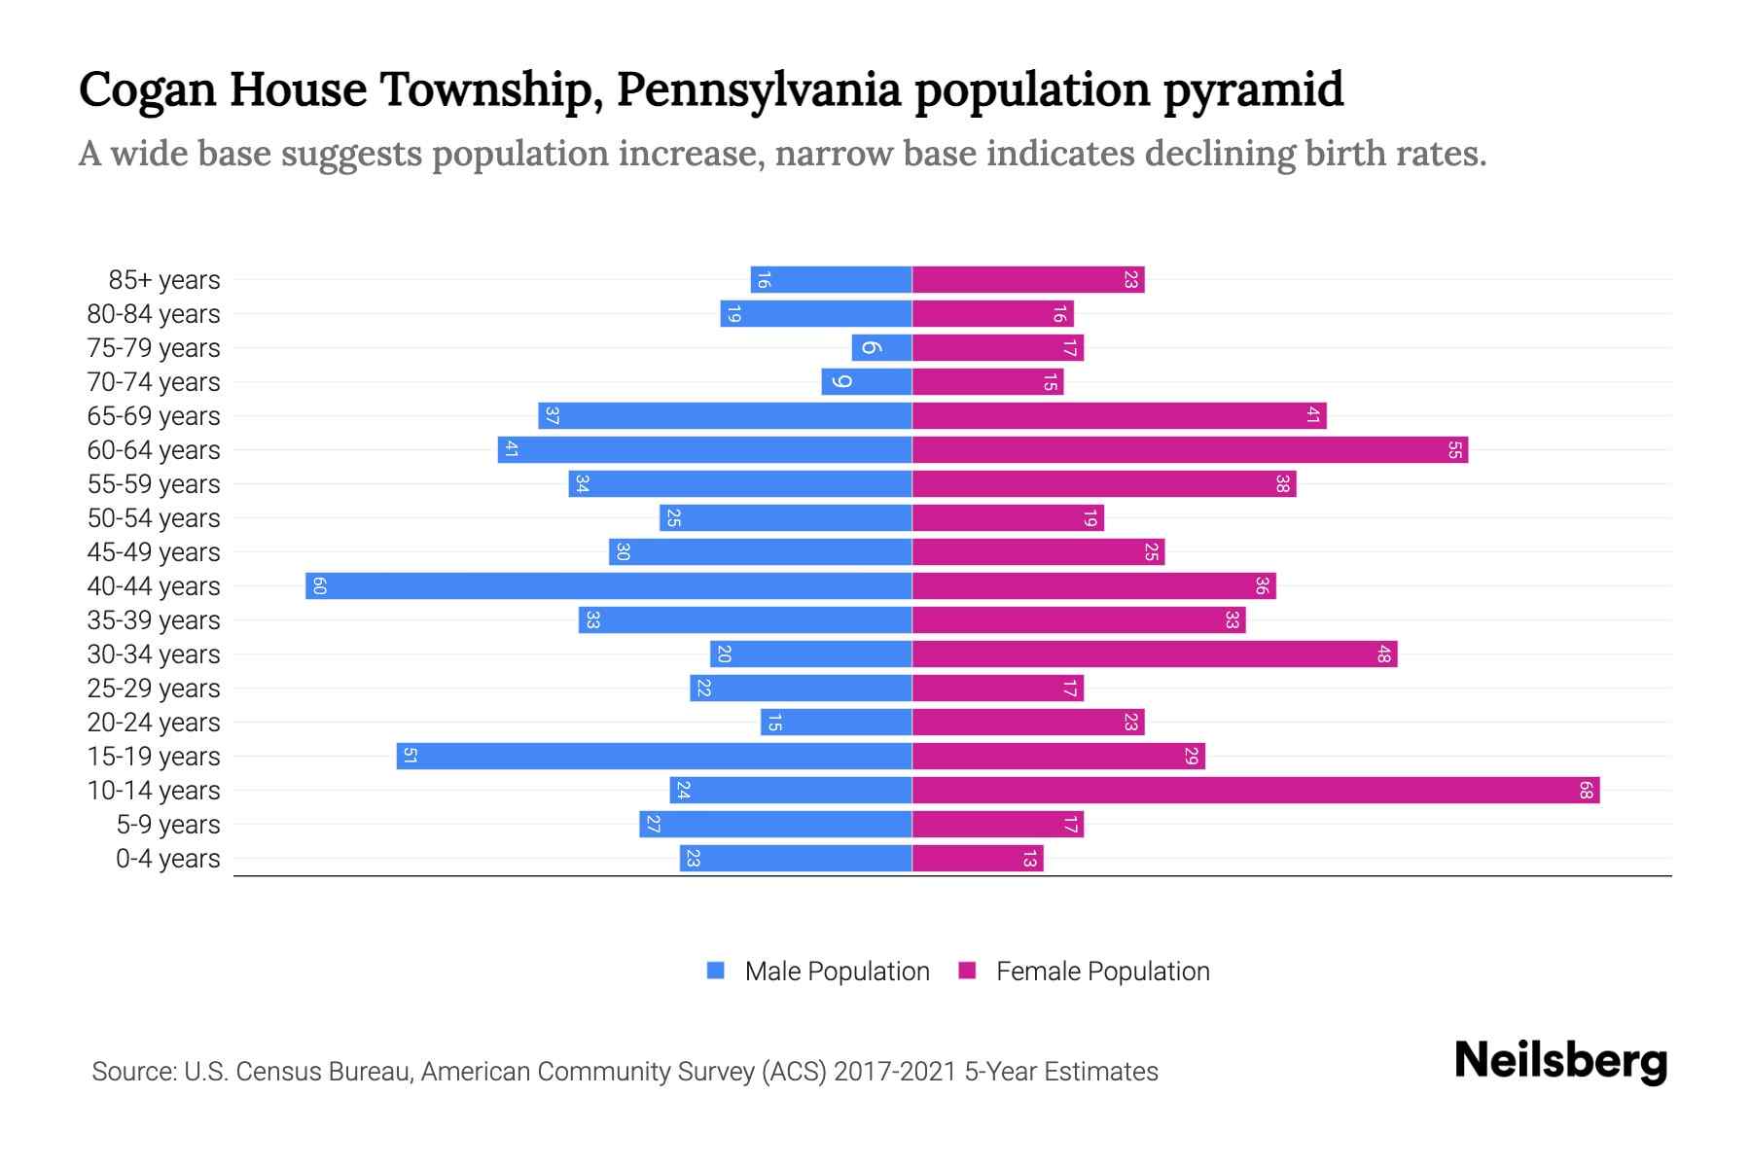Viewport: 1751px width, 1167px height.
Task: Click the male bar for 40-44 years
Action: tap(608, 585)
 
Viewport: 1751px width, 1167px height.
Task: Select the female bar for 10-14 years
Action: tap(1255, 790)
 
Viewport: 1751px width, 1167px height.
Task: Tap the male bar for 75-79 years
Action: tap(881, 347)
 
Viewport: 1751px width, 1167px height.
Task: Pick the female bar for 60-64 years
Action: tap(1189, 449)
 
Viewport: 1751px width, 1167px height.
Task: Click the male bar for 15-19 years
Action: tap(654, 756)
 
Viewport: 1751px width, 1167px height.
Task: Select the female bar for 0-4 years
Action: tap(977, 858)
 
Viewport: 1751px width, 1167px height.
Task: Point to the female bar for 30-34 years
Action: tap(1154, 654)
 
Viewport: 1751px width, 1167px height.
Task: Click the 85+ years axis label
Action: tap(164, 280)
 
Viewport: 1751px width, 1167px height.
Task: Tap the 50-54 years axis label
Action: tap(154, 518)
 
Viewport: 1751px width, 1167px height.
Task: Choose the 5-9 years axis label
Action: tap(168, 825)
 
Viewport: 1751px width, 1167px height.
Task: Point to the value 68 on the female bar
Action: tap(1586, 791)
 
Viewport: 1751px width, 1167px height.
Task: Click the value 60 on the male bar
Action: tap(319, 585)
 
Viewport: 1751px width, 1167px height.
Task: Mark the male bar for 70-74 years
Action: tap(866, 381)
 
